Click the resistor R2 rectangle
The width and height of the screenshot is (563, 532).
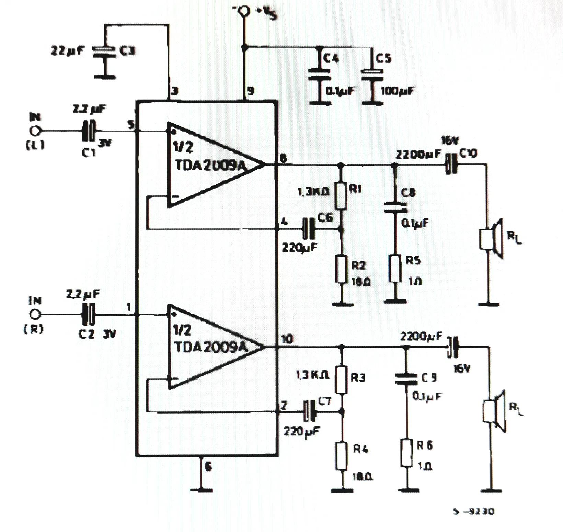coord(341,269)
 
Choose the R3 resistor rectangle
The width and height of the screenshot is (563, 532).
coord(342,380)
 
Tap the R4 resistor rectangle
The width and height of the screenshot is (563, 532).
coord(342,456)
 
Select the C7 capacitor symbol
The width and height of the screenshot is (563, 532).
coord(311,411)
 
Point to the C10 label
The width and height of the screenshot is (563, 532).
coord(468,154)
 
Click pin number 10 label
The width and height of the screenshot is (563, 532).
coord(287,340)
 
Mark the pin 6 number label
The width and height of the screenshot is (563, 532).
coord(208,467)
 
